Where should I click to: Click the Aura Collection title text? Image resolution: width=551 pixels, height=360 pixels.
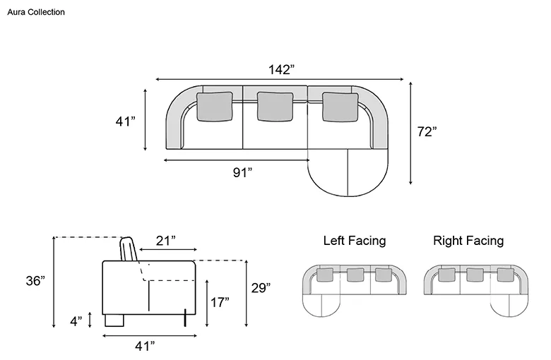(x=36, y=12)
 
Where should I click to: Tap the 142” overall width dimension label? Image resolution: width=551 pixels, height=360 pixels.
(x=281, y=70)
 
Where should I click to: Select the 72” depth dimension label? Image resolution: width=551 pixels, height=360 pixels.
(x=427, y=132)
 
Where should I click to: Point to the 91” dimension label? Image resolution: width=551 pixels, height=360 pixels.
(x=242, y=172)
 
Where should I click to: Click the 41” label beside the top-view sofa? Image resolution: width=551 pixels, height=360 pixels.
(x=126, y=121)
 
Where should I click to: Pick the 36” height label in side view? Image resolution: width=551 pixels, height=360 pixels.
(x=35, y=281)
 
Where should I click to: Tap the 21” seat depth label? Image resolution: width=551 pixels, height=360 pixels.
(x=166, y=241)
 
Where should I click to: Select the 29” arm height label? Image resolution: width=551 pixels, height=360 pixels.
(x=261, y=288)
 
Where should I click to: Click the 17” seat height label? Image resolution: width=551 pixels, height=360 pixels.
(x=220, y=302)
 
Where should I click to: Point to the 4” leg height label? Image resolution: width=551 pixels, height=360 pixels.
(x=76, y=321)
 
